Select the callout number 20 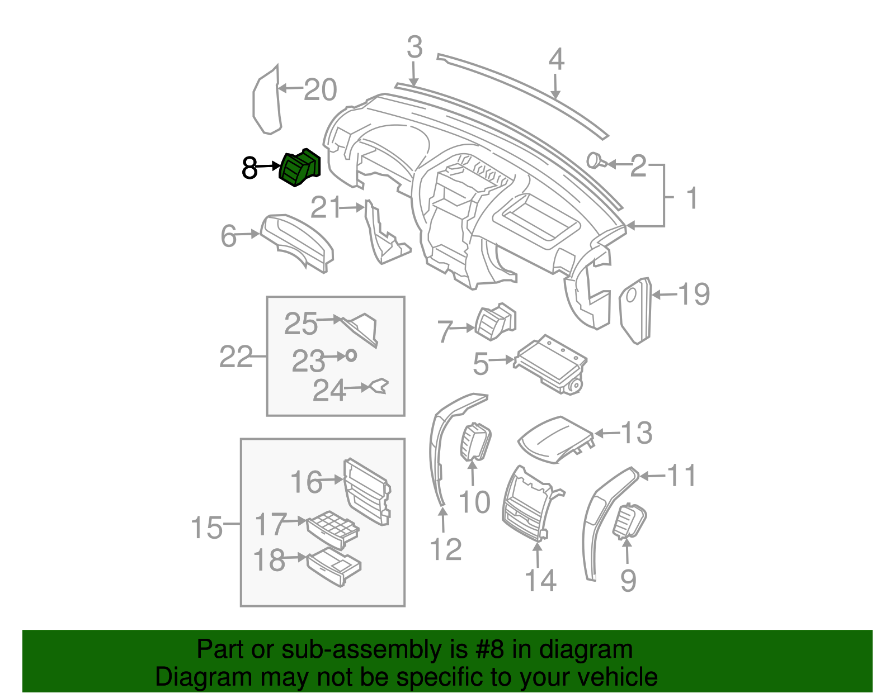point(321,89)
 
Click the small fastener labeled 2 point(594,162)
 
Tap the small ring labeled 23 point(351,355)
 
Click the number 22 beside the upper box point(235,357)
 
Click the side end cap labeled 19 point(636,310)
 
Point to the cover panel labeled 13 point(554,439)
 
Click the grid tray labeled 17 point(333,528)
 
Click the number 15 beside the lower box point(206,527)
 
